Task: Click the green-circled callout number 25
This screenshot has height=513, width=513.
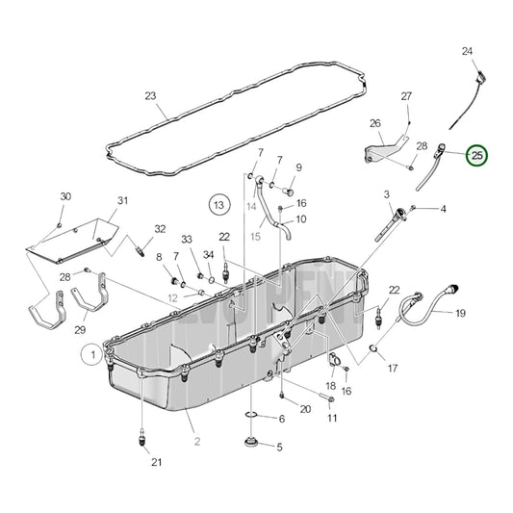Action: click(x=476, y=154)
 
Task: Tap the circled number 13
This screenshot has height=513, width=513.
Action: click(x=219, y=204)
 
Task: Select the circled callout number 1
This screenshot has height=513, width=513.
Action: click(x=93, y=355)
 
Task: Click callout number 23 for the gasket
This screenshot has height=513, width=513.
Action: click(x=150, y=95)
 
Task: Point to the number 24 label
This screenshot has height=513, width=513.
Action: click(x=467, y=50)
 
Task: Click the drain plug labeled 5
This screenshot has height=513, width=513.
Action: click(x=252, y=446)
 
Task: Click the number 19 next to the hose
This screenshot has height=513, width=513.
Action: click(x=460, y=313)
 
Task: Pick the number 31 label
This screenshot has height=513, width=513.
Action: click(x=122, y=200)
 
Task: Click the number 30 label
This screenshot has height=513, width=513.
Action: click(x=64, y=196)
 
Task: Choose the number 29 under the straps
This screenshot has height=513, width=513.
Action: click(x=81, y=330)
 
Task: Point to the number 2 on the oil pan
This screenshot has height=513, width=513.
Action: click(x=196, y=441)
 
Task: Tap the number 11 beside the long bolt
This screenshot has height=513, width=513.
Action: click(x=332, y=418)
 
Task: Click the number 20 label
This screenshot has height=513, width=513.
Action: click(x=305, y=409)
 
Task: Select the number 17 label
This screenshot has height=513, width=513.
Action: click(x=392, y=367)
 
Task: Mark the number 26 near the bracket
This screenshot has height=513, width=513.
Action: click(x=375, y=123)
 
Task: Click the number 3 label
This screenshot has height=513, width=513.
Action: click(x=386, y=195)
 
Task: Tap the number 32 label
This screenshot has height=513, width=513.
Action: click(x=160, y=229)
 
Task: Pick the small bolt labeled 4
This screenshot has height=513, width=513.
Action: click(x=416, y=208)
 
